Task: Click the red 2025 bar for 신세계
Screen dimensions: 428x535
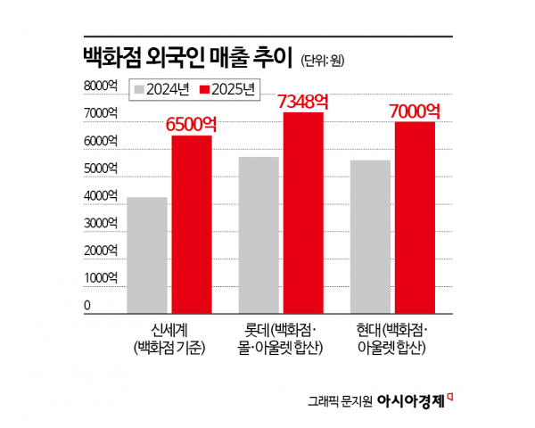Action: click(192, 223)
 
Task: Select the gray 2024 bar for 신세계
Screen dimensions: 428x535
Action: click(147, 254)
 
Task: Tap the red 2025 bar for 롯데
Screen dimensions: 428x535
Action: click(303, 212)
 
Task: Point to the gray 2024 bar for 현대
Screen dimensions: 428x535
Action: click(370, 235)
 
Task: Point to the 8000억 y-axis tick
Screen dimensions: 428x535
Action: click(101, 86)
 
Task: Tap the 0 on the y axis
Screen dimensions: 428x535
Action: click(88, 306)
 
